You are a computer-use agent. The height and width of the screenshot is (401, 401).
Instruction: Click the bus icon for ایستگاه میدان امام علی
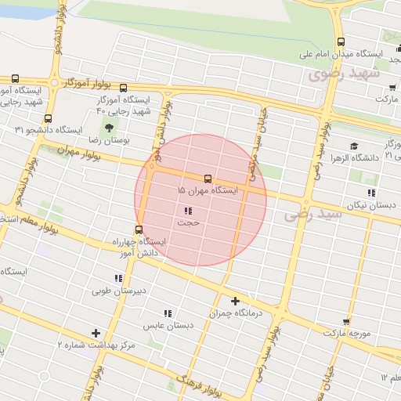coord(340,42)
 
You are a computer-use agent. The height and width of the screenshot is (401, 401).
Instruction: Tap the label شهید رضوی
coord(343,74)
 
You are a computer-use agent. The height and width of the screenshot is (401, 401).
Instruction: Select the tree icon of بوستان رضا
coord(108,127)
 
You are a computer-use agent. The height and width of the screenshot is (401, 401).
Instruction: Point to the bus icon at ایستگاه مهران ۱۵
coord(208,178)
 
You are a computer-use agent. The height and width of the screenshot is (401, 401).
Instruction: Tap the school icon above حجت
coord(188,211)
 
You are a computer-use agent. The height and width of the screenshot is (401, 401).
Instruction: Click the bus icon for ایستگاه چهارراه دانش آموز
coord(139,229)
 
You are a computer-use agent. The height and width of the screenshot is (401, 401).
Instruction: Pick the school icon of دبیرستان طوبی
coord(119,278)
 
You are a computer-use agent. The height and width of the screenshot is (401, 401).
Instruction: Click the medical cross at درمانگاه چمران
coord(236,301)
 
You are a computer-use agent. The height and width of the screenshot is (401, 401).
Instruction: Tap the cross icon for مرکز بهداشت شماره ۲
coord(96,333)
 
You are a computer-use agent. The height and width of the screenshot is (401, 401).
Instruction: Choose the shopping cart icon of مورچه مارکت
coord(346,322)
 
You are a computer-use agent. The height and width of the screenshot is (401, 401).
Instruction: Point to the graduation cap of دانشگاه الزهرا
coord(354,146)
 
